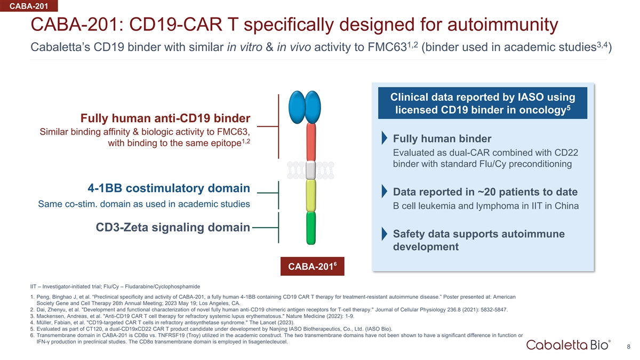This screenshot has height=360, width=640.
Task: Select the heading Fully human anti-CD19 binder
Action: tap(165, 118)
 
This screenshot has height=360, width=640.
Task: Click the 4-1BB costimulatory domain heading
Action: tap(169, 188)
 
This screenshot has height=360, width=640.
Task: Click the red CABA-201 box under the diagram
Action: tap(313, 266)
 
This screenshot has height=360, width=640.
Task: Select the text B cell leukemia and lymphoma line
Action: tap(485, 206)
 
